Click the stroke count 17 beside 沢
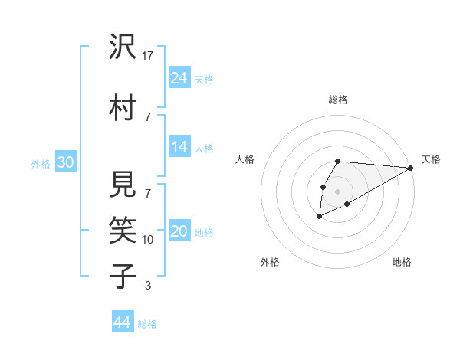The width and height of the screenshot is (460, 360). coord(148,56)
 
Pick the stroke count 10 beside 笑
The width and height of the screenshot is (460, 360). coord(148,240)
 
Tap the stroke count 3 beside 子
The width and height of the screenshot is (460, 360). coord(148,286)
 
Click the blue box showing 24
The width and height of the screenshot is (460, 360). coord(179,77)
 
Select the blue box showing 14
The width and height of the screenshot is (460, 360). coord(179,147)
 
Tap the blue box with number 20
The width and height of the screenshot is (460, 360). coord(179,231)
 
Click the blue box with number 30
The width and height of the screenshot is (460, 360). coord(65,162)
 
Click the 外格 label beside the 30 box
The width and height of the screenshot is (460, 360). coord(41,163)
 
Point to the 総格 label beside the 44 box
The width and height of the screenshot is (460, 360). coord(147,324)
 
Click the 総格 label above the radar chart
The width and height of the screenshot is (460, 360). coord(337,100)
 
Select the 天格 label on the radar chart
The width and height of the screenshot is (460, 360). coord(431,159)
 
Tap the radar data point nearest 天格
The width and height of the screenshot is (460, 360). coord(411,168)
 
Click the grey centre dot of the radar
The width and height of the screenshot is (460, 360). coord(337,191)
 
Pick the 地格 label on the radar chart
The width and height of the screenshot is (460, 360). coord(402,262)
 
